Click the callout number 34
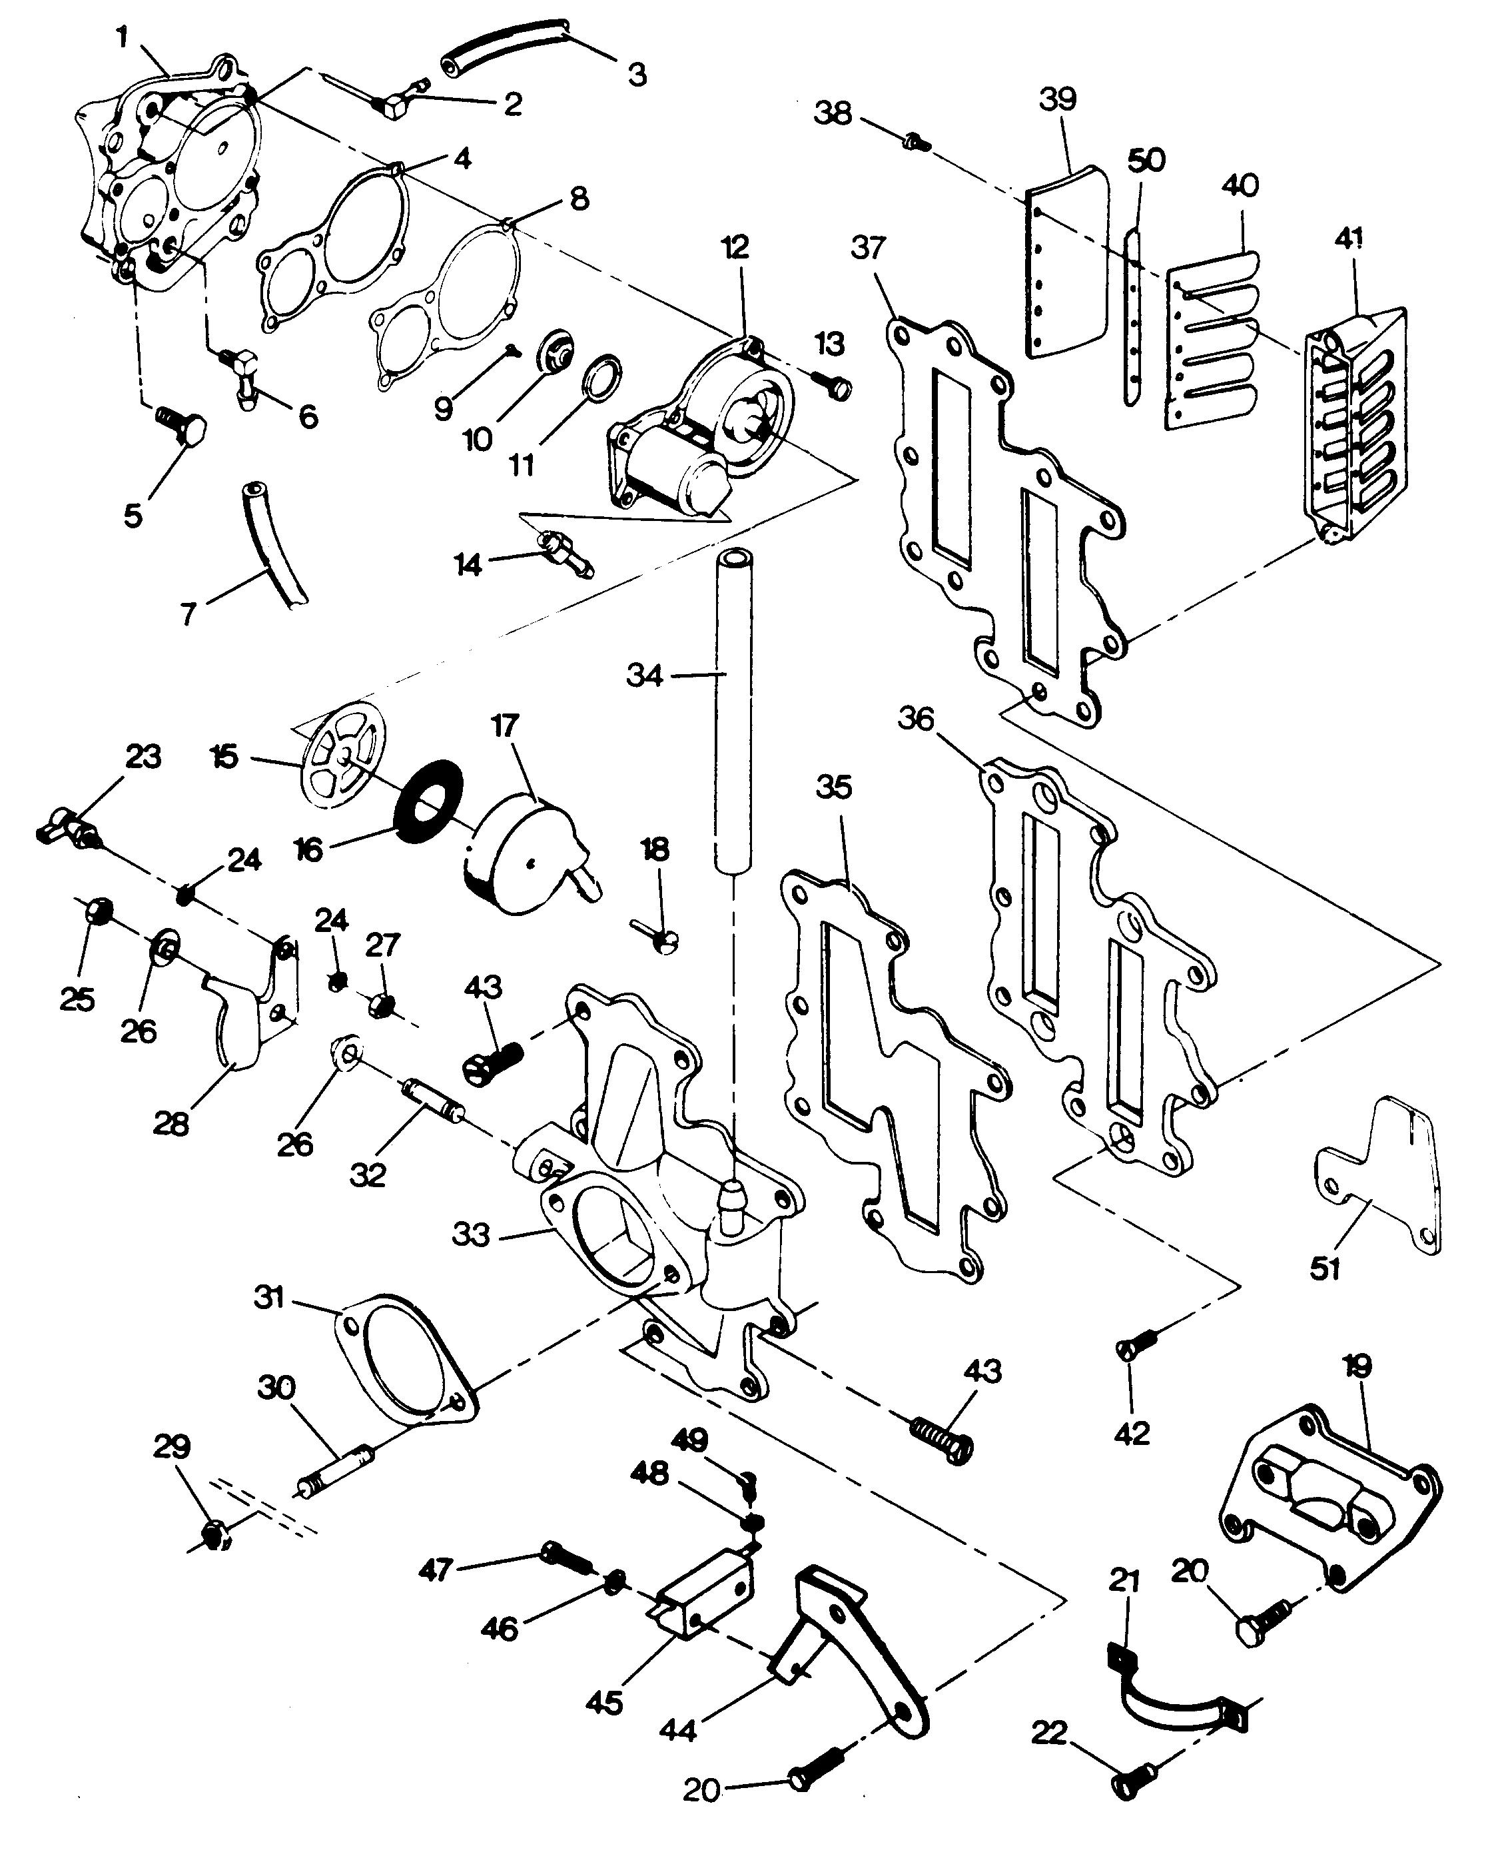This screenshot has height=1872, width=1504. [644, 676]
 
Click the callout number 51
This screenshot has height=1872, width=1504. [1325, 1268]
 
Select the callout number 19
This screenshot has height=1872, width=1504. [1357, 1366]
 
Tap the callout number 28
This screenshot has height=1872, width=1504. [171, 1125]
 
